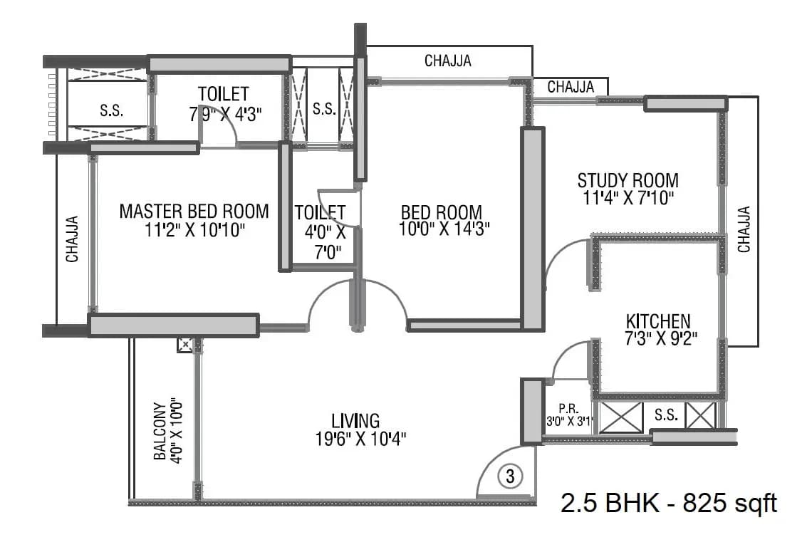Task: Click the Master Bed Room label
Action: point(194,211)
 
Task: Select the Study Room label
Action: point(628,179)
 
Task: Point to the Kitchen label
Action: point(657,321)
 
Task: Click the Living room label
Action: point(355,420)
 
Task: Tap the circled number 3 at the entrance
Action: point(510,476)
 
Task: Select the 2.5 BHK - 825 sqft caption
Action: point(669,504)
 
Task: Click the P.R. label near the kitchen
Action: point(568,409)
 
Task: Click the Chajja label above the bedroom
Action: point(447,61)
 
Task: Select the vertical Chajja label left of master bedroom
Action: point(73,239)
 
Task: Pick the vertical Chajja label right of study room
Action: point(744,229)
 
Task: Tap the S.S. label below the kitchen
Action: point(666,415)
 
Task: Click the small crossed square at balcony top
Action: point(184,345)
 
